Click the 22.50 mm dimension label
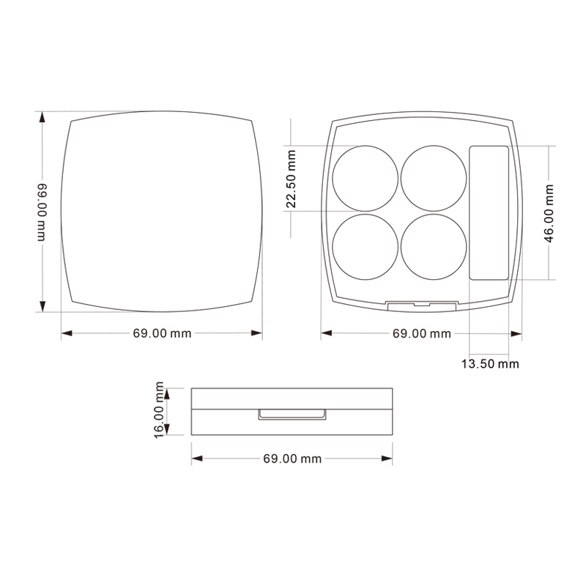pos(291,179)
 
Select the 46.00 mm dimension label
pos(549,213)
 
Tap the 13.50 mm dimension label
pos(490,363)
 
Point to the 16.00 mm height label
pos(159,409)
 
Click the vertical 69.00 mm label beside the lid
pos(42,212)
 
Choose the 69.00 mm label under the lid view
pos(162,333)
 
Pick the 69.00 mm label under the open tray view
pos(422,333)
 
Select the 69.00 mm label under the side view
pos(292,459)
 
